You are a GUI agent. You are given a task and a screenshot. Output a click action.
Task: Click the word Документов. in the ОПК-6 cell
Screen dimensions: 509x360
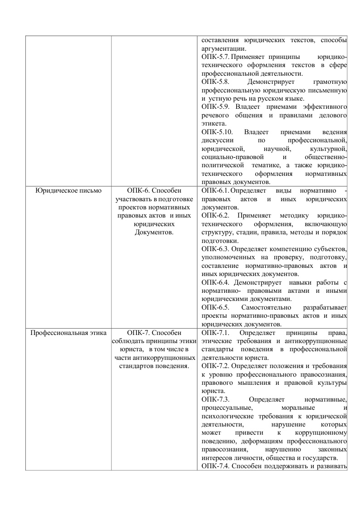[x=155, y=232]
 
